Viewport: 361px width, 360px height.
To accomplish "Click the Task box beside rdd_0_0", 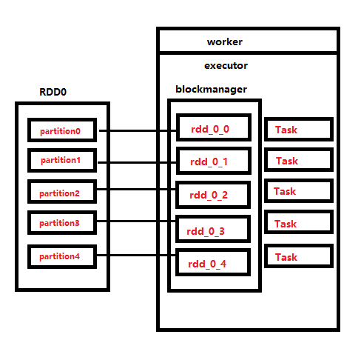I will click(297, 130).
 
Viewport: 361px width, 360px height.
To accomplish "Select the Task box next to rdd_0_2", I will click(297, 192).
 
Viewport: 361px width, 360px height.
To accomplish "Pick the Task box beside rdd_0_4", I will click(297, 257).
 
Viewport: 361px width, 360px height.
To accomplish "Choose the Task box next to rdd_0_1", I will click(297, 161).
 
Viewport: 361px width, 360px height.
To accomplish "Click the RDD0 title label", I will click(54, 93).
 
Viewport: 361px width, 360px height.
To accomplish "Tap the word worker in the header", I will click(224, 41).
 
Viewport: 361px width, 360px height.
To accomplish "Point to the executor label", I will click(226, 65).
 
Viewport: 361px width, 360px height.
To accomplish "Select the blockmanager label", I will click(211, 89).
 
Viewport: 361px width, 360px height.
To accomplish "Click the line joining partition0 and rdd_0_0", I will click(138, 131).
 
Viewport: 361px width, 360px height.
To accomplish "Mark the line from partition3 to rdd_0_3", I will click(138, 221).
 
